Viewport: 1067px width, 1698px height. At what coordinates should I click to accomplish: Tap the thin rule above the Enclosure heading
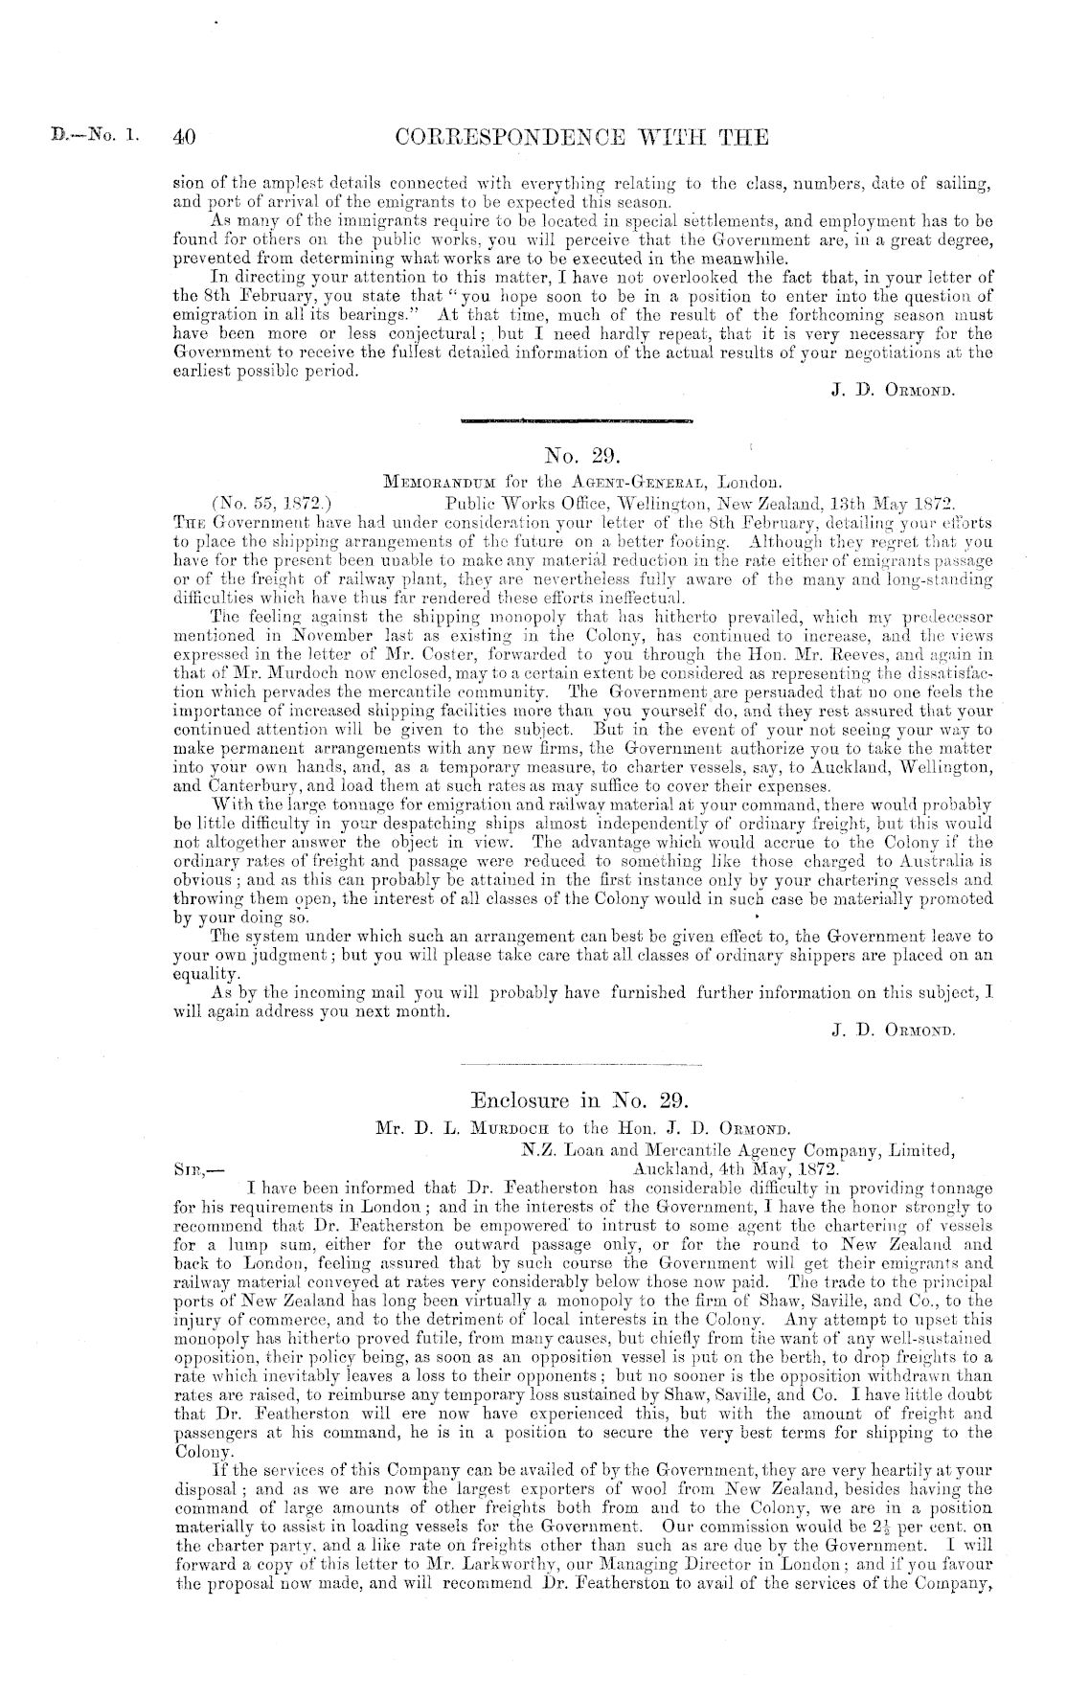pos(581,1064)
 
